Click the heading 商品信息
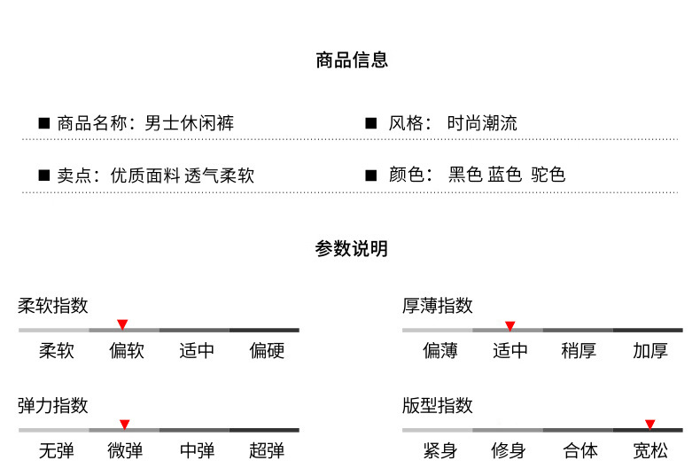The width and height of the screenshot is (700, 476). (x=351, y=60)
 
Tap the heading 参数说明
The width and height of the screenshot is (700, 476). (x=351, y=249)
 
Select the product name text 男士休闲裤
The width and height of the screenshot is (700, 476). (x=190, y=123)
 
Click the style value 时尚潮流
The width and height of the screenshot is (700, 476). (x=483, y=123)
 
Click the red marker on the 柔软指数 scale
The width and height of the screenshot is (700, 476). (x=122, y=324)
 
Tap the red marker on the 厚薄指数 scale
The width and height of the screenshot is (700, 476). (x=509, y=325)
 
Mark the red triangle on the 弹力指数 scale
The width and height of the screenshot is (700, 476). (x=125, y=425)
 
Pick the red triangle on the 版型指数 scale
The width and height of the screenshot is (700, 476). (x=649, y=425)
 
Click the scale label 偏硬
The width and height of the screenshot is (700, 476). (x=267, y=351)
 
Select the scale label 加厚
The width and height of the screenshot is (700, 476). (x=649, y=351)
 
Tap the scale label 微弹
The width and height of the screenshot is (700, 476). (x=125, y=451)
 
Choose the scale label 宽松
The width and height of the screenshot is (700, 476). (x=649, y=451)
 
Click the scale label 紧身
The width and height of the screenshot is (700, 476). (x=439, y=451)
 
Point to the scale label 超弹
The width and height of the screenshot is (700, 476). (x=267, y=451)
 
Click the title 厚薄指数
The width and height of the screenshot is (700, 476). (x=438, y=306)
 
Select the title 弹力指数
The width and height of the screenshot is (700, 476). (x=53, y=406)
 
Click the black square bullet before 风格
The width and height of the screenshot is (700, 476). (x=371, y=123)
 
